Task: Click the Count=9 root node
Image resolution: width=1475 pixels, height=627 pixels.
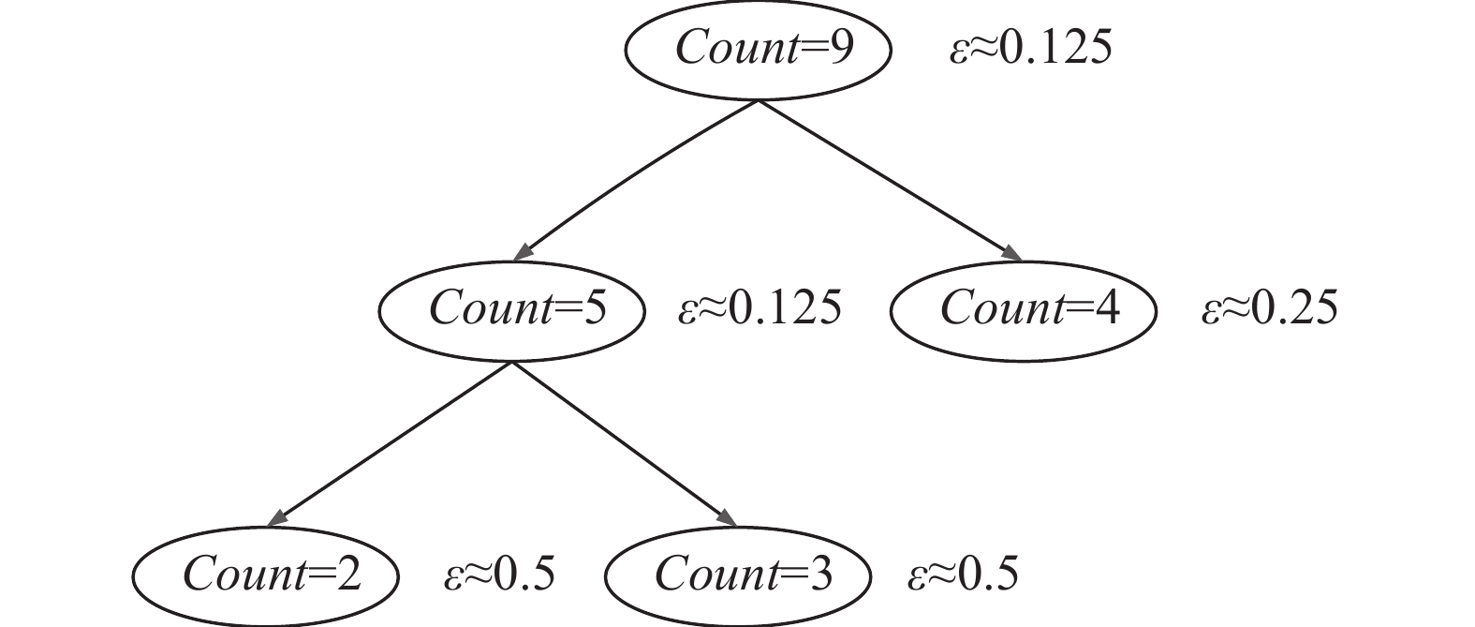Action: pos(758,49)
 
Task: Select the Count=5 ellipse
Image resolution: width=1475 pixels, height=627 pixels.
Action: pos(511,311)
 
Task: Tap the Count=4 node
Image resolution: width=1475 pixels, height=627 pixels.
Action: pos(1023,309)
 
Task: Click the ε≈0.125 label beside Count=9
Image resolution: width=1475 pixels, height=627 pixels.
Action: pos(1030,47)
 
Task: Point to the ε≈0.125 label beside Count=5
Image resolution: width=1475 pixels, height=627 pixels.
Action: pos(760,308)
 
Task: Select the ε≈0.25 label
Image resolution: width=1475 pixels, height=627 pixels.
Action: pos(1270,308)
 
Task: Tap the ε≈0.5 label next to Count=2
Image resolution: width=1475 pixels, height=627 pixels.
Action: pos(499,574)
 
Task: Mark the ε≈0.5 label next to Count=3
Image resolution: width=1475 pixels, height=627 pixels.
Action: pos(962,574)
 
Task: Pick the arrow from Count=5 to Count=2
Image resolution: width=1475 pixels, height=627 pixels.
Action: pos(393,440)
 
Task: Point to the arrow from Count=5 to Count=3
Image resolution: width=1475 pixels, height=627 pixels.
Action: pos(623,440)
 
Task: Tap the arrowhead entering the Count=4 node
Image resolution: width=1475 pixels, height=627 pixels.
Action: pos(1011,253)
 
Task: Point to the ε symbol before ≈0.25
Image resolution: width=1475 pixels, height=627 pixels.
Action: pos(1212,311)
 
